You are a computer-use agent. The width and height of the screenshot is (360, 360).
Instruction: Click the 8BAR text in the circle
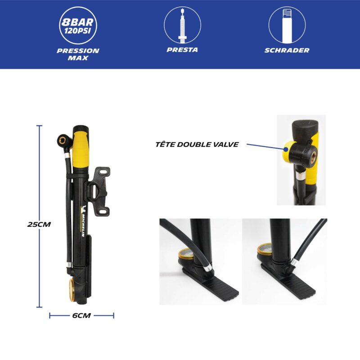(77, 22)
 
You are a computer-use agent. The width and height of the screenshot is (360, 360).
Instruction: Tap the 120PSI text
(77, 31)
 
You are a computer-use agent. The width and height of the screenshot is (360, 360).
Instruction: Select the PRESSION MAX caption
(78, 54)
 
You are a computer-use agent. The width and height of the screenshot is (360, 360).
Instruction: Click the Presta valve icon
(182, 25)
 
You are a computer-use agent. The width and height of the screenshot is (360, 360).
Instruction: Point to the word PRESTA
(182, 50)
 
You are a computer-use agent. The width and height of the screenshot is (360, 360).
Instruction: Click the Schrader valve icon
(287, 26)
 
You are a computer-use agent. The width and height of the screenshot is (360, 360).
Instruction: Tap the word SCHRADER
(287, 50)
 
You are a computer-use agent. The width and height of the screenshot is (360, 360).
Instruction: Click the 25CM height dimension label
(39, 224)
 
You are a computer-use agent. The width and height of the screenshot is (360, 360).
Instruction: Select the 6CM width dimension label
(81, 315)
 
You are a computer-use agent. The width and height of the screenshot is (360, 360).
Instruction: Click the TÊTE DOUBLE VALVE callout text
(197, 144)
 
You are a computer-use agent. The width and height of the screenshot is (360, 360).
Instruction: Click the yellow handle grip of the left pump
(81, 150)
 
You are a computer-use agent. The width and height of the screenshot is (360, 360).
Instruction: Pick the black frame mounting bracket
(98, 192)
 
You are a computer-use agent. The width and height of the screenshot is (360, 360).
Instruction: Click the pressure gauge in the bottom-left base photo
(186, 254)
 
